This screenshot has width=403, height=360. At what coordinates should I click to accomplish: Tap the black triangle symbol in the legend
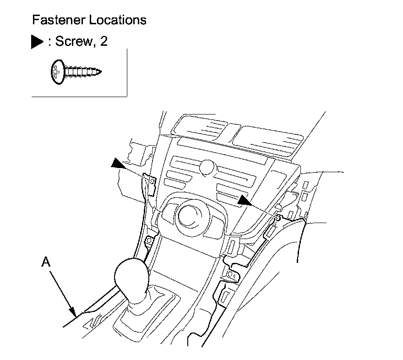tap(37, 42)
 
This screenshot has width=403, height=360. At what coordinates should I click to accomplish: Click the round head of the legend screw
tap(56, 72)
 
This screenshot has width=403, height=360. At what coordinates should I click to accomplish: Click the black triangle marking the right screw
tap(244, 200)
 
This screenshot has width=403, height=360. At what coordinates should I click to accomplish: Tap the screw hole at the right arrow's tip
tap(278, 215)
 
